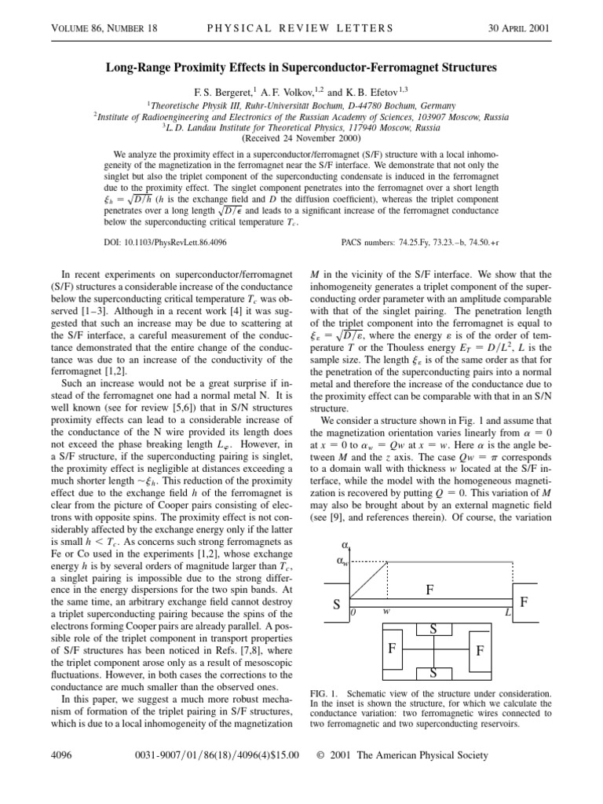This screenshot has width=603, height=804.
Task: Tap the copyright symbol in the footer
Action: [x=320, y=755]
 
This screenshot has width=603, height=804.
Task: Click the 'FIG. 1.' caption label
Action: [x=326, y=693]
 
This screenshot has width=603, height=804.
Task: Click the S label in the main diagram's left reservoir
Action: [x=336, y=605]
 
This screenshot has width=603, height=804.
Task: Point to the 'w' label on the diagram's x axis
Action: [x=386, y=611]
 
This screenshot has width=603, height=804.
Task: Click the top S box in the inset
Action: [x=433, y=628]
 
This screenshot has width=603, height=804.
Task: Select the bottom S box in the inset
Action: [x=433, y=674]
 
